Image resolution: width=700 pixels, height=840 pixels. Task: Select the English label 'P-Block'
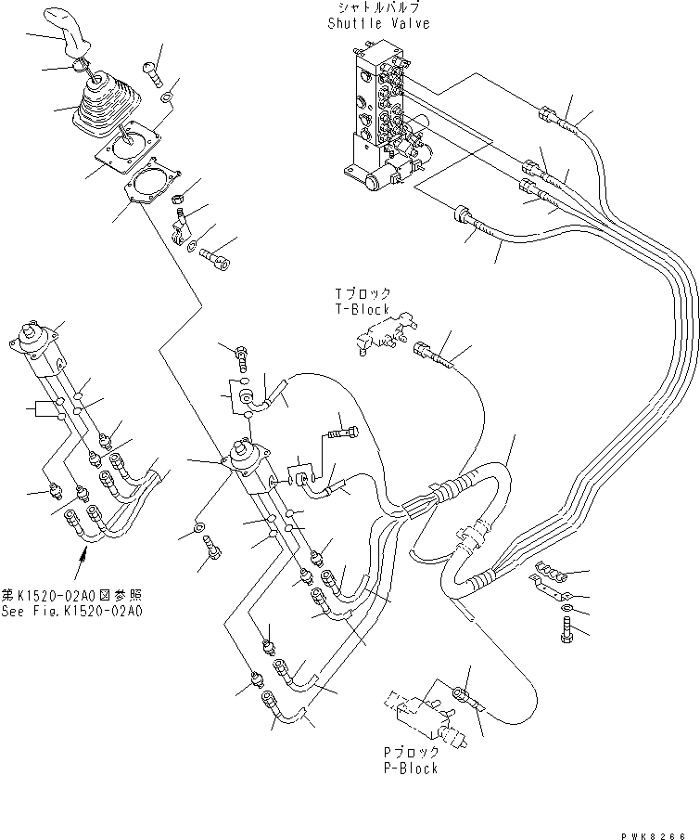click(412, 769)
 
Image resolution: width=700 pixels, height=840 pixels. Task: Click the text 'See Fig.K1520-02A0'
click(71, 611)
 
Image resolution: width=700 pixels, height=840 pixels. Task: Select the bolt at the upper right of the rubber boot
click(150, 68)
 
